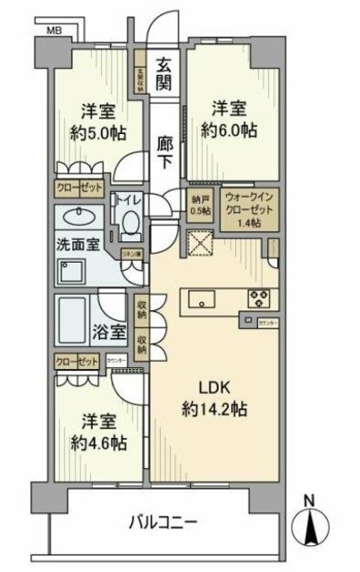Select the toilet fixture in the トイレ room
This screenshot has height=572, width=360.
(x=130, y=223)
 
